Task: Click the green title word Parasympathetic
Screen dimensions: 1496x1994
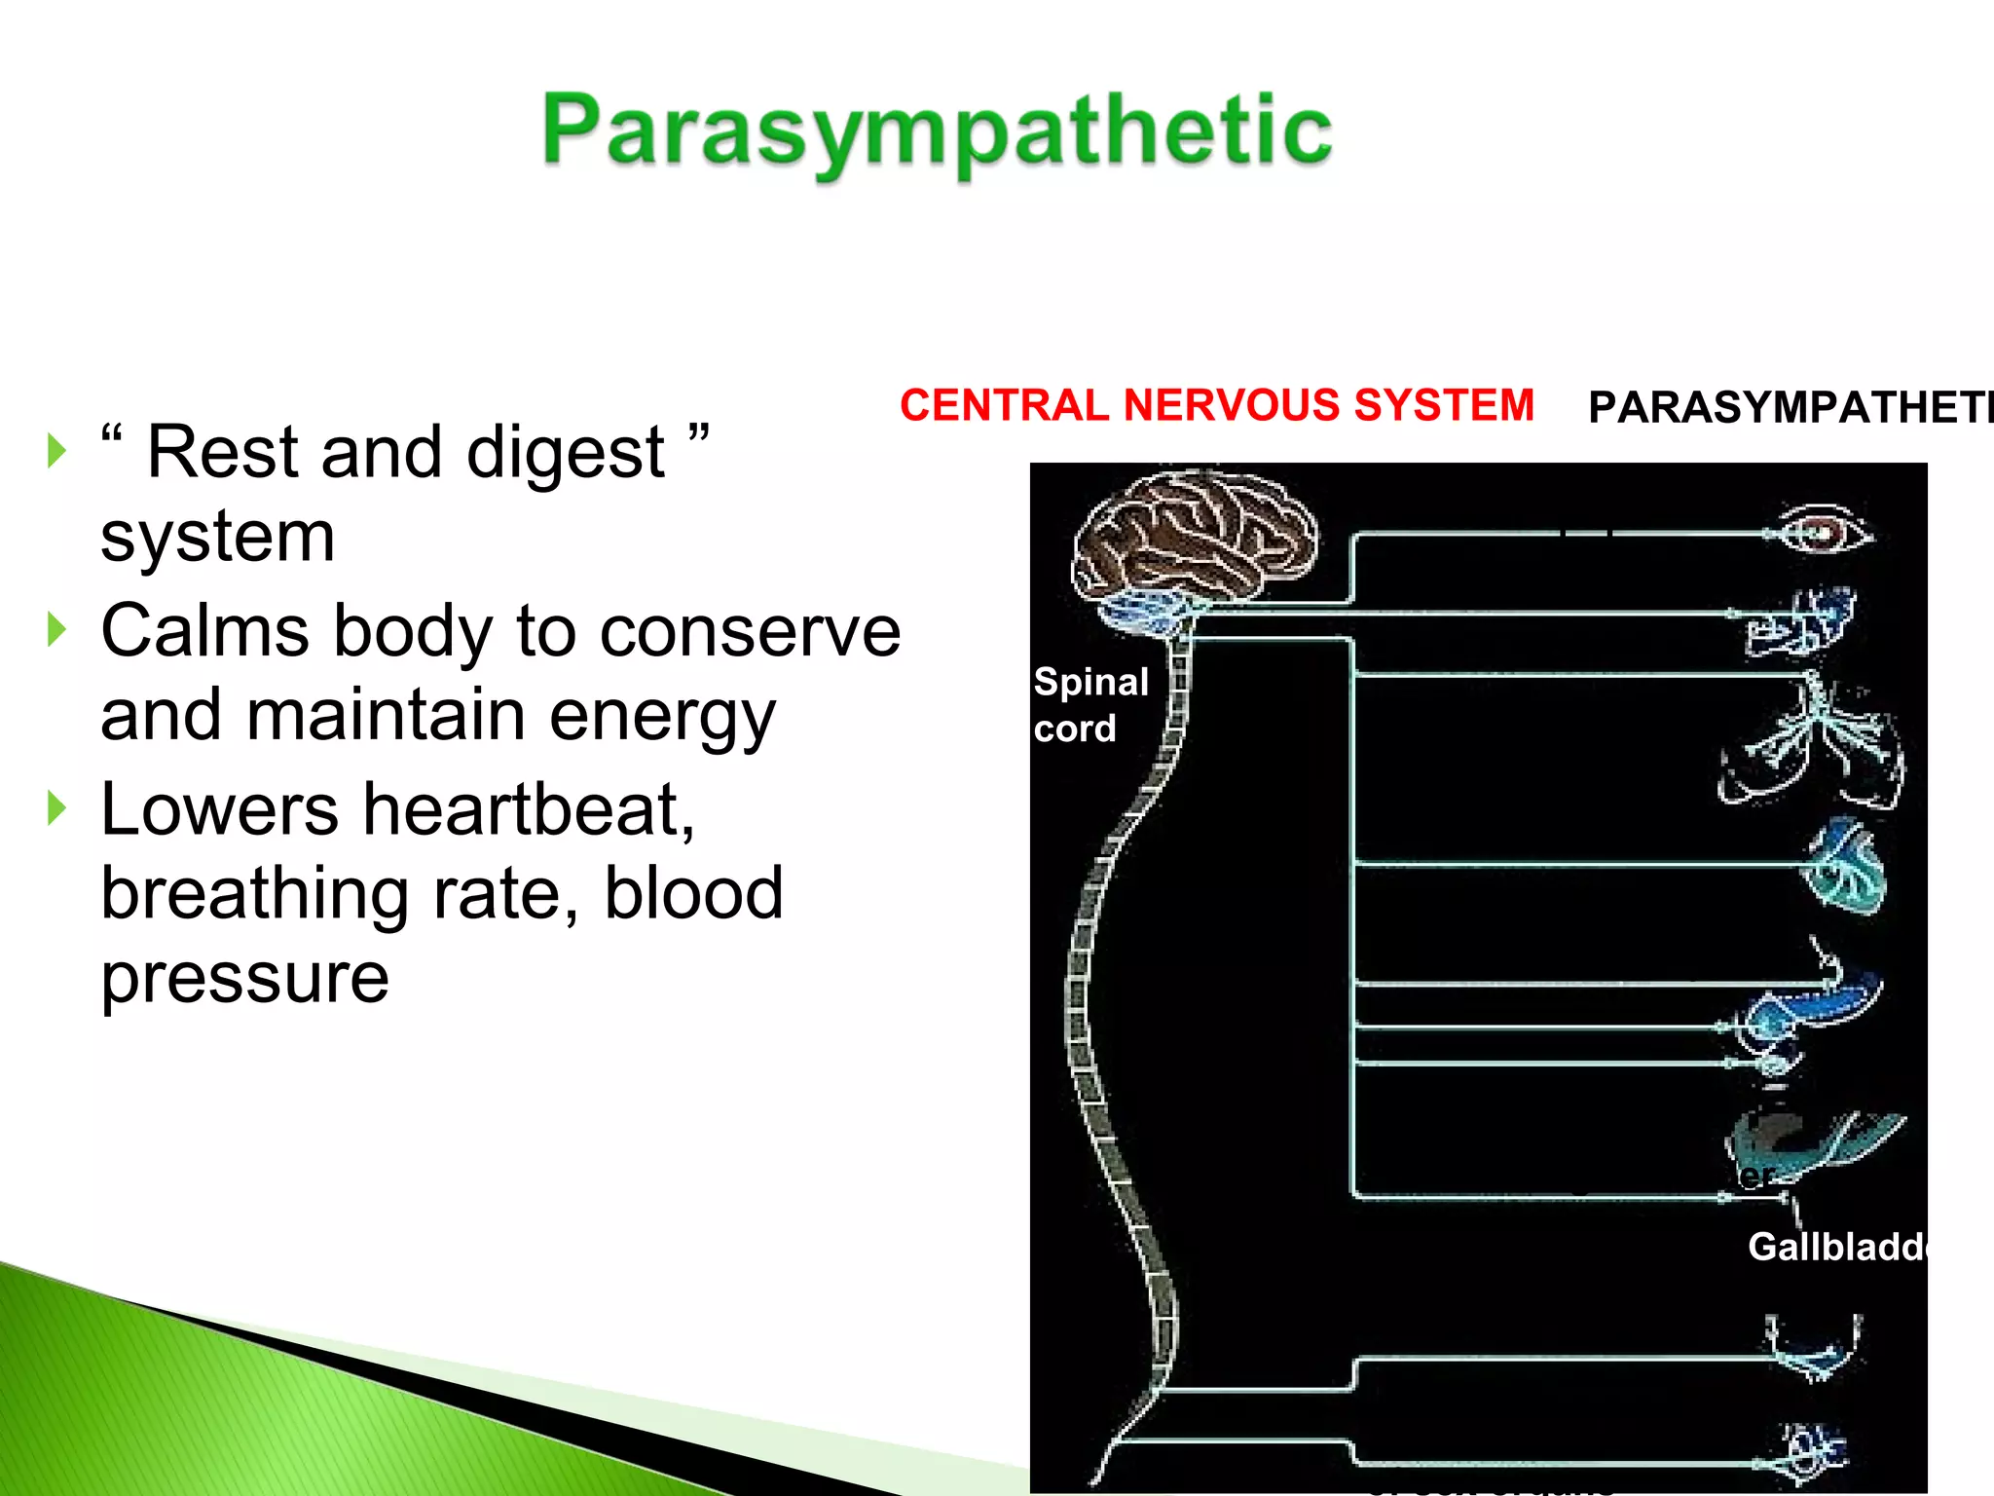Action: (937, 131)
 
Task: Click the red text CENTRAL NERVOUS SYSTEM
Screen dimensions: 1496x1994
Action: (1216, 405)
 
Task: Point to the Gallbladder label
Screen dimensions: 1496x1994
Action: (1836, 1247)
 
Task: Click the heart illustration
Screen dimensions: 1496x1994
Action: (1846, 867)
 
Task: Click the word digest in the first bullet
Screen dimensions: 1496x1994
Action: (565, 454)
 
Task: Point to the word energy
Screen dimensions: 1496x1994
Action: (661, 716)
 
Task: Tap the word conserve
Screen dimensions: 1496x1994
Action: (750, 633)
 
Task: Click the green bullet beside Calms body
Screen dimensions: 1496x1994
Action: (57, 630)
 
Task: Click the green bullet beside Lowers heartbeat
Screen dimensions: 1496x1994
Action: (57, 808)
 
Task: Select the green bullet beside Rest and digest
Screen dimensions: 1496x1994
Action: (57, 451)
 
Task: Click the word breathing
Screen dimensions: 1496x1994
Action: (254, 894)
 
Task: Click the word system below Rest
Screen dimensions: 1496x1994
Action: (217, 537)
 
